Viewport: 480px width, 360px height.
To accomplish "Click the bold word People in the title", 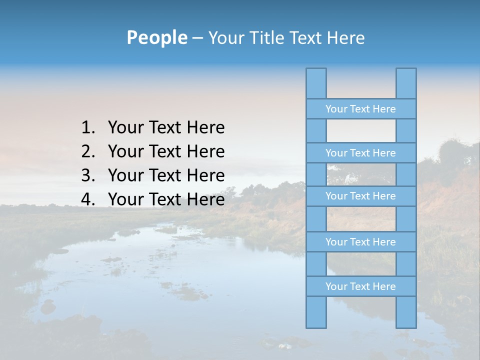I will click(156, 37).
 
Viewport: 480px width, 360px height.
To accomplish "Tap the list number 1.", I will click(87, 128).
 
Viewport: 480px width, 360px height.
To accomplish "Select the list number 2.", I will click(87, 151).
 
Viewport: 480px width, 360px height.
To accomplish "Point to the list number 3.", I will click(87, 175).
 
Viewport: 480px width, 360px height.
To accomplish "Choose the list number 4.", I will click(87, 199).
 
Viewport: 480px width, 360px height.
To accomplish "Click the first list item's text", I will click(166, 128).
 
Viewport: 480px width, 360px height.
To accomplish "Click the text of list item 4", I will click(166, 199).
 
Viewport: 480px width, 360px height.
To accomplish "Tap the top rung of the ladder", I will click(360, 109).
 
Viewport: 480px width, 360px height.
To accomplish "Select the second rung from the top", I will click(360, 153).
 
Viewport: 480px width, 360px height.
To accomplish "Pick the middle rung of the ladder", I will click(360, 196).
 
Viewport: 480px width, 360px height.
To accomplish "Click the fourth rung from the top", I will click(360, 242).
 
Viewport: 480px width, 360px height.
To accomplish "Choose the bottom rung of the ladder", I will click(360, 286).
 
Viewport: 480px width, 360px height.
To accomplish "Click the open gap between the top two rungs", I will click(361, 131).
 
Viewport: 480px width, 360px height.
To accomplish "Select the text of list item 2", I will click(166, 151).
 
